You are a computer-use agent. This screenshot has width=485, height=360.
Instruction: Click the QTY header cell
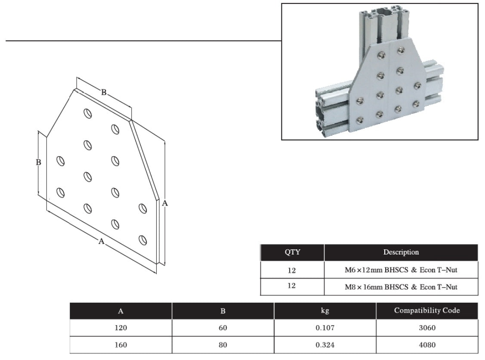292,252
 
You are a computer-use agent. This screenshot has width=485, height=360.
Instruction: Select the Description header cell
401,252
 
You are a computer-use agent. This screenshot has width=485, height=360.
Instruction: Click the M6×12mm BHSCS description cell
401,270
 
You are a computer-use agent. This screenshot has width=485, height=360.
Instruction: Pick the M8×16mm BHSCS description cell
401,286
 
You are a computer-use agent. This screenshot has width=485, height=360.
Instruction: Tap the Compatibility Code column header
426,310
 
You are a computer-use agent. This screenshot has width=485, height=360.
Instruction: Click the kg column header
325,311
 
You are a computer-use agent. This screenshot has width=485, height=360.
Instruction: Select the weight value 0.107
325,328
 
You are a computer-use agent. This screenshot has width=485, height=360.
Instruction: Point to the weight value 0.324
325,344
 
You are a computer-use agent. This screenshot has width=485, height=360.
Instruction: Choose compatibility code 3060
426,328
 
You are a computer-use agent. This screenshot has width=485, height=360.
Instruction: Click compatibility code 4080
426,344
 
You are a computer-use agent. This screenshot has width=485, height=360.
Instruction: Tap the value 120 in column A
121,328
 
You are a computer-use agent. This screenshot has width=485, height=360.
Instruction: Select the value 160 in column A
121,344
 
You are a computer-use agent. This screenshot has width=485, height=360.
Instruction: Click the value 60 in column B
222,328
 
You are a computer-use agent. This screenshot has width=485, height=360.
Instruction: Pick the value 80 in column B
222,344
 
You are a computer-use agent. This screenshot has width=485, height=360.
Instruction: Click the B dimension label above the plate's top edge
104,92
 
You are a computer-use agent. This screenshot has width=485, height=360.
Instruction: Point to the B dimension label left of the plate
38,162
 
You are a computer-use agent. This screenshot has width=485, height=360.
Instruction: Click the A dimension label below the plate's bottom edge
102,241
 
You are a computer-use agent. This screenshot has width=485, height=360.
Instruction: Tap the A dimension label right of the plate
164,204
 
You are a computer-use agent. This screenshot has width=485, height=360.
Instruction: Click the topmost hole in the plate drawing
87,113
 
